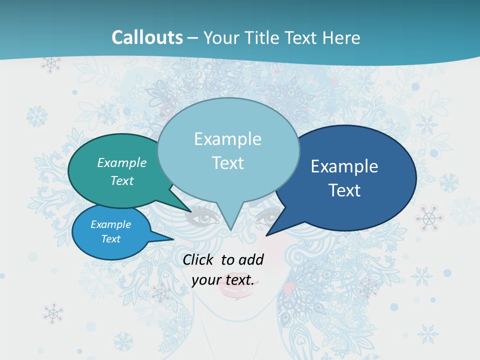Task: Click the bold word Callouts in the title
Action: coord(147,37)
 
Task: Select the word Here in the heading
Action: coord(342,37)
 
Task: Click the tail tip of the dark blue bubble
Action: coord(267,234)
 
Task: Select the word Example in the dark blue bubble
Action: coord(344,166)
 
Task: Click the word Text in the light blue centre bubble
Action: coord(228,162)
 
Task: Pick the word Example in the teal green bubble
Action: coord(122,162)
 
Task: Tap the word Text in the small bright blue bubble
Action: coord(111,239)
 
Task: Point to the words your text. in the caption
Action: coord(223,279)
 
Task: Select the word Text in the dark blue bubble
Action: coord(345,190)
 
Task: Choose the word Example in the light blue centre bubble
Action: coord(228,138)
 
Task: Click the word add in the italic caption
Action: coord(251,259)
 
